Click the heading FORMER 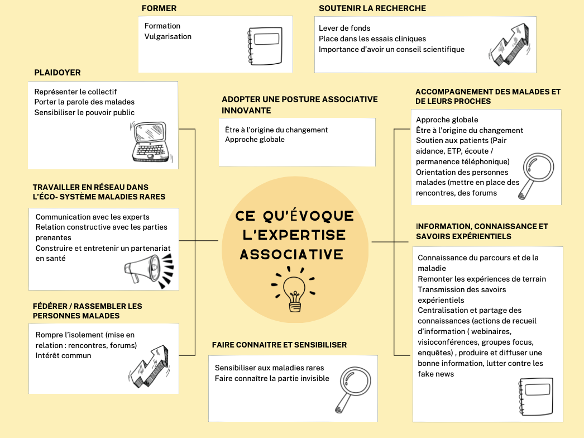159,8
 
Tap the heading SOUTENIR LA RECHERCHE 372,8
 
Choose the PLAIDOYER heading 58,73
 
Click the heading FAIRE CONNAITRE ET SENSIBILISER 279,345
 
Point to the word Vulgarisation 167,36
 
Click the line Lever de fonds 344,28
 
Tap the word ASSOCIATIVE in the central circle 291,255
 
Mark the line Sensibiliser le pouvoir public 84,112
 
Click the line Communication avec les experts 92,217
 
